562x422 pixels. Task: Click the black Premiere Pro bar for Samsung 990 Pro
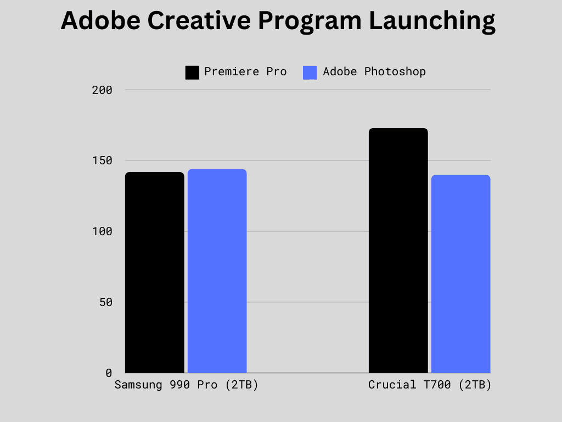click(x=154, y=273)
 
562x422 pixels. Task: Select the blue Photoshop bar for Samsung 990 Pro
click(x=217, y=271)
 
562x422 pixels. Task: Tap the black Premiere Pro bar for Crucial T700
click(x=398, y=251)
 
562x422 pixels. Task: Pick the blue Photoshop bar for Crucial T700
click(x=460, y=274)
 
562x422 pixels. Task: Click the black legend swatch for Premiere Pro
click(x=192, y=73)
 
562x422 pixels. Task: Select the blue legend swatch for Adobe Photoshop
click(x=310, y=73)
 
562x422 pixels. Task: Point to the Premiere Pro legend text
click(x=245, y=72)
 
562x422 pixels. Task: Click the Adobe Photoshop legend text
click(x=374, y=72)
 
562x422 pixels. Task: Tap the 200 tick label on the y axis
click(x=102, y=90)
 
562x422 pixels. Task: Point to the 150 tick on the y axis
click(x=102, y=160)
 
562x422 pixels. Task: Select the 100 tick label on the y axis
click(x=102, y=231)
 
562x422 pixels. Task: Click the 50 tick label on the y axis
click(x=106, y=302)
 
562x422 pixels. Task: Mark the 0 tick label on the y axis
click(x=109, y=373)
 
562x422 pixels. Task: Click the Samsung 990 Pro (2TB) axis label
click(x=187, y=385)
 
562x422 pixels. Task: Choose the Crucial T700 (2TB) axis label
click(x=429, y=385)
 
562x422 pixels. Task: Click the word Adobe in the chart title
click(x=101, y=20)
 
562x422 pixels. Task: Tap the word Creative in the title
click(x=199, y=20)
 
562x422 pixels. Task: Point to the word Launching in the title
click(x=432, y=22)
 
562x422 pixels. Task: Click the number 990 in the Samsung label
click(x=180, y=385)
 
